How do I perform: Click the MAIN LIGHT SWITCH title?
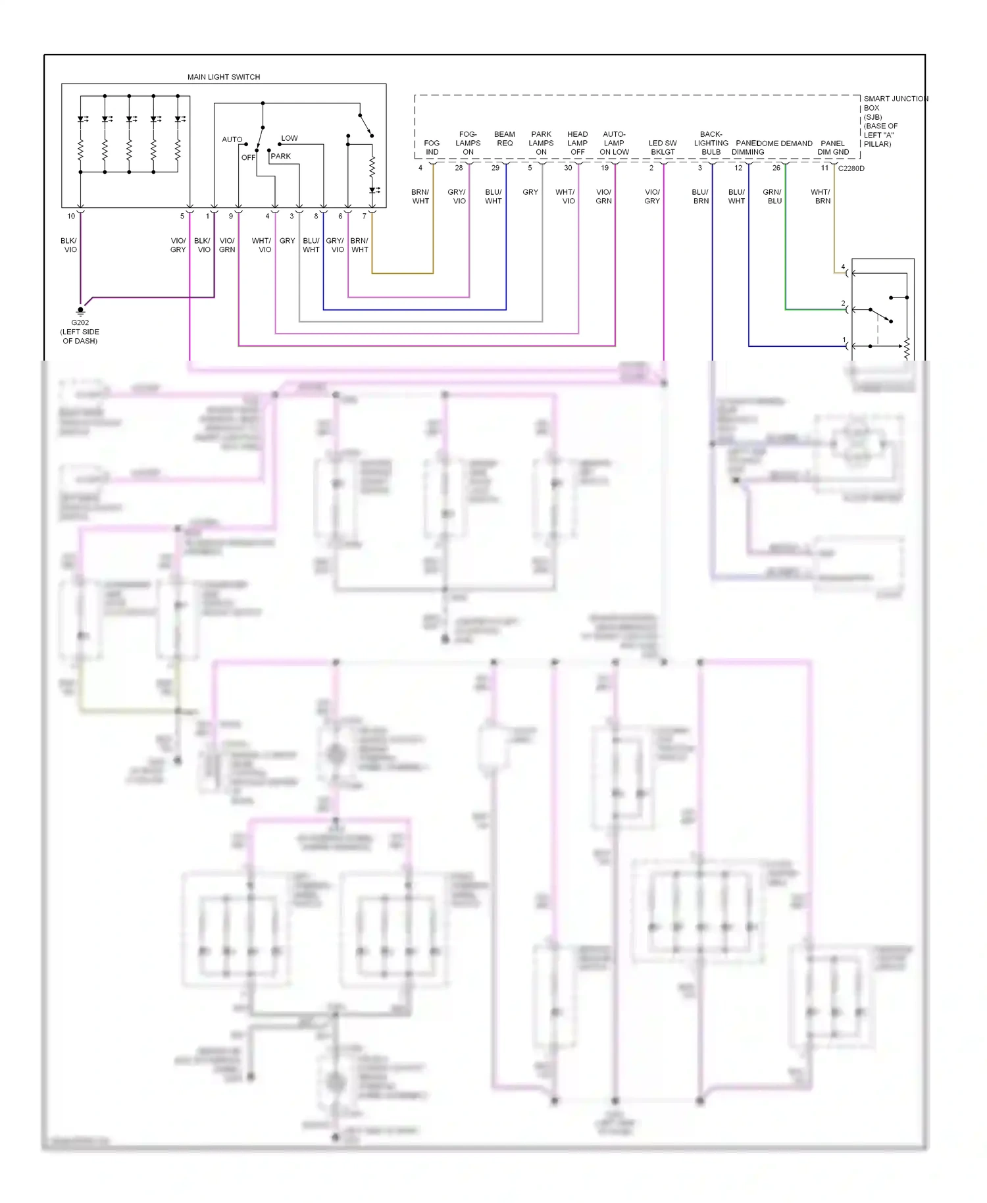[x=223, y=77]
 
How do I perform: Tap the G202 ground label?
[x=80, y=322]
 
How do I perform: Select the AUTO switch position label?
[x=232, y=140]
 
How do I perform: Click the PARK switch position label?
[x=280, y=157]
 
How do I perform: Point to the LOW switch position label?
[x=289, y=138]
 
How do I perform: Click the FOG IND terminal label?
[x=432, y=147]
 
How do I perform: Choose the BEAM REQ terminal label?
[x=504, y=139]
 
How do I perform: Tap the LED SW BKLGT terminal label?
[x=662, y=147]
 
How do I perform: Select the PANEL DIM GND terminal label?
[x=832, y=147]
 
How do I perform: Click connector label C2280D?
[x=851, y=168]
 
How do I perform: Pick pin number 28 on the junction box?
[x=459, y=168]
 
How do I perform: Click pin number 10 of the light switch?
[x=71, y=216]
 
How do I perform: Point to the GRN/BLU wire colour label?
[x=772, y=197]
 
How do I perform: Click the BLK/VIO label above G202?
[x=69, y=245]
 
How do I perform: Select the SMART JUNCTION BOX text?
[x=895, y=99]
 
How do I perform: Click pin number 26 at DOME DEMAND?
[x=776, y=168]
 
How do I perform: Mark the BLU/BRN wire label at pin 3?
[x=700, y=197]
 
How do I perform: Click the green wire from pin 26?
[x=785, y=250]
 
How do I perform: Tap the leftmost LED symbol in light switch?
[x=82, y=119]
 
